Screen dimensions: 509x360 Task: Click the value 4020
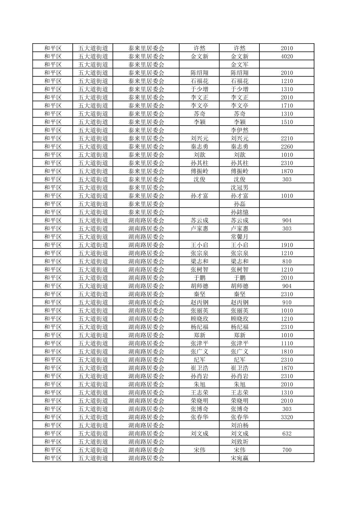tap(287, 56)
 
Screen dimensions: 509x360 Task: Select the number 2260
tap(287, 146)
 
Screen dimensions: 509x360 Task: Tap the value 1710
tap(287, 105)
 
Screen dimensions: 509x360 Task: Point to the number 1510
tap(287, 122)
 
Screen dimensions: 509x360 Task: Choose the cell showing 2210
tap(287, 138)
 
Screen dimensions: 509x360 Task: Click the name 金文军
tap(240, 65)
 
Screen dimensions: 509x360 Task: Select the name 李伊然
tap(240, 130)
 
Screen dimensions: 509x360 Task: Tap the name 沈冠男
tap(240, 188)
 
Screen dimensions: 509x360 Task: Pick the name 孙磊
tap(240, 204)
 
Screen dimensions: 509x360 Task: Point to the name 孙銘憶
tap(240, 212)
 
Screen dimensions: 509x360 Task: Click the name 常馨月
tap(240, 237)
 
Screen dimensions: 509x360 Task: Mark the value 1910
tap(287, 245)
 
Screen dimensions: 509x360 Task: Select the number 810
tap(287, 261)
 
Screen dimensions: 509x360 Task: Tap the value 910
tap(287, 302)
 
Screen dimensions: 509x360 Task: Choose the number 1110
tap(287, 343)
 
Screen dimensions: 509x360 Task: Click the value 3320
tap(287, 417)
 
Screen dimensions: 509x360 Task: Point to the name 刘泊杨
tap(240, 425)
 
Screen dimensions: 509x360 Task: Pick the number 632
tap(287, 433)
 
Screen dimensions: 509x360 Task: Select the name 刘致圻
tap(240, 442)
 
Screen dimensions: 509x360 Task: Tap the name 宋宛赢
tap(240, 458)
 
